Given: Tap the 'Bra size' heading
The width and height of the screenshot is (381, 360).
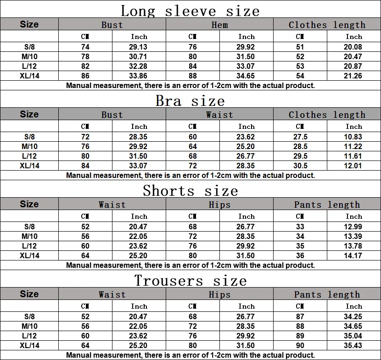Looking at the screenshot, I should click(x=190, y=100).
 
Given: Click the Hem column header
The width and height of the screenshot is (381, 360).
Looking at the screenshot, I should click(x=219, y=25).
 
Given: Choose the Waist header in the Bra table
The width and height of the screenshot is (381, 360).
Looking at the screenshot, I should click(x=219, y=115).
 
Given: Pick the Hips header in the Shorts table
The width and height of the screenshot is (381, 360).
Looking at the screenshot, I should click(x=219, y=205).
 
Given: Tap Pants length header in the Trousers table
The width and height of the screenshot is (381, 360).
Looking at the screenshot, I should click(x=327, y=294).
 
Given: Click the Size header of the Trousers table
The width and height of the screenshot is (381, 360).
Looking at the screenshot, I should click(x=29, y=294).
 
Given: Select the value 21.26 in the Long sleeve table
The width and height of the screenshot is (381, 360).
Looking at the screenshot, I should click(x=353, y=76).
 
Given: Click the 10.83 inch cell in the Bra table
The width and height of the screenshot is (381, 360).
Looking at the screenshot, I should click(x=353, y=137).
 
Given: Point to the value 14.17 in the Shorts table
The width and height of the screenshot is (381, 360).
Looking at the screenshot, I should click(x=353, y=255).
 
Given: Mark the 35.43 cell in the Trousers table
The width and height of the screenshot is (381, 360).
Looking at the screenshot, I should click(x=353, y=345).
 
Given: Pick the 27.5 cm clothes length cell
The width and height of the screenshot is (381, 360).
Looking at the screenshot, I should click(x=300, y=137).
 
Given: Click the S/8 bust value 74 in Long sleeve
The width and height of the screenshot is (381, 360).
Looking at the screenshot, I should click(x=85, y=47).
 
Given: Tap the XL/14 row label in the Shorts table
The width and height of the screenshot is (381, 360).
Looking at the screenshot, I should click(x=29, y=255).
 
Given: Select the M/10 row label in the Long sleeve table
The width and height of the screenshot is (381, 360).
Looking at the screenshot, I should click(x=29, y=56).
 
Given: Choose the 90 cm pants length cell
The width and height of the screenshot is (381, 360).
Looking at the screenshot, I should click(x=300, y=345).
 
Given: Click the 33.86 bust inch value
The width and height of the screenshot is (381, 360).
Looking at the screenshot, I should click(x=139, y=76).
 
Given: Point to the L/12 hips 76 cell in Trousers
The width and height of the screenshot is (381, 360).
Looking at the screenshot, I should click(x=193, y=336).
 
